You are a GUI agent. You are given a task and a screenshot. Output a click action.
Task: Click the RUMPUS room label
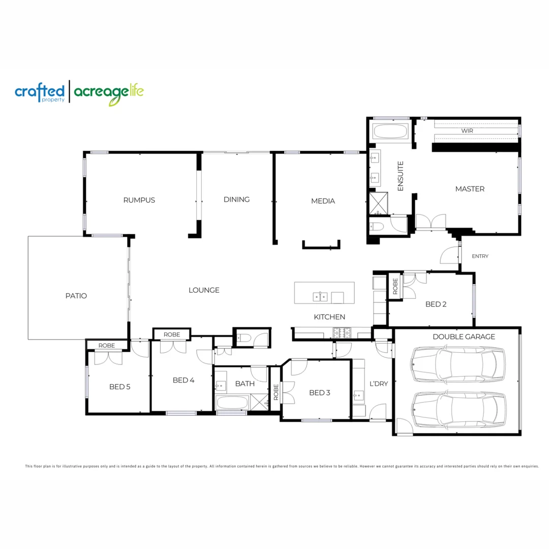(x=139, y=200)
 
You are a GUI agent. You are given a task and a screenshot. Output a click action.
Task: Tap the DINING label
(x=236, y=200)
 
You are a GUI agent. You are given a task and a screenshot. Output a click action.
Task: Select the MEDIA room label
(x=323, y=201)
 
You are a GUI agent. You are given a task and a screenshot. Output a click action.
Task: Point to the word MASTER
(x=470, y=189)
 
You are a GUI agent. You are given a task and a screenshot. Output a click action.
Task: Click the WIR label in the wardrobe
(x=467, y=131)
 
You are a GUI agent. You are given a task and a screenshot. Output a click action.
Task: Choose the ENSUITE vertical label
(x=400, y=176)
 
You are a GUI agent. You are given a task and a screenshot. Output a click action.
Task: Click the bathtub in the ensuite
(x=390, y=133)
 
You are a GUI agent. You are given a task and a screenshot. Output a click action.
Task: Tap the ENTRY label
(x=480, y=256)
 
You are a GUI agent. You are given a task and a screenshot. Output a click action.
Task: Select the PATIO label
(x=76, y=296)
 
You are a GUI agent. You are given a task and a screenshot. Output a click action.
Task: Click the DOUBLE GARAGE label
(x=464, y=337)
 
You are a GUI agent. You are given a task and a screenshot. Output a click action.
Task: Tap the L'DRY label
(x=379, y=384)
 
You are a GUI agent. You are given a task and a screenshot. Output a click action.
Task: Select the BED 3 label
(x=320, y=392)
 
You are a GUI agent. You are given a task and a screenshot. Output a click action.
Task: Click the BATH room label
(x=245, y=384)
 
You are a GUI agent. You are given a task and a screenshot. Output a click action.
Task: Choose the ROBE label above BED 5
(x=107, y=346)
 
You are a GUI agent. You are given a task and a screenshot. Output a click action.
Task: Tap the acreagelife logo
(x=109, y=93)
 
